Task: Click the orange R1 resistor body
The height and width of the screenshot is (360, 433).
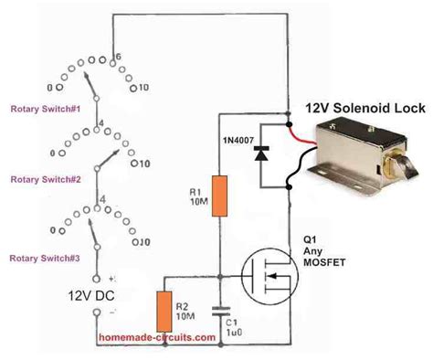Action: tap(220, 196)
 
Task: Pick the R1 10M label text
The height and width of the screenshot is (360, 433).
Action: tap(195, 197)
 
